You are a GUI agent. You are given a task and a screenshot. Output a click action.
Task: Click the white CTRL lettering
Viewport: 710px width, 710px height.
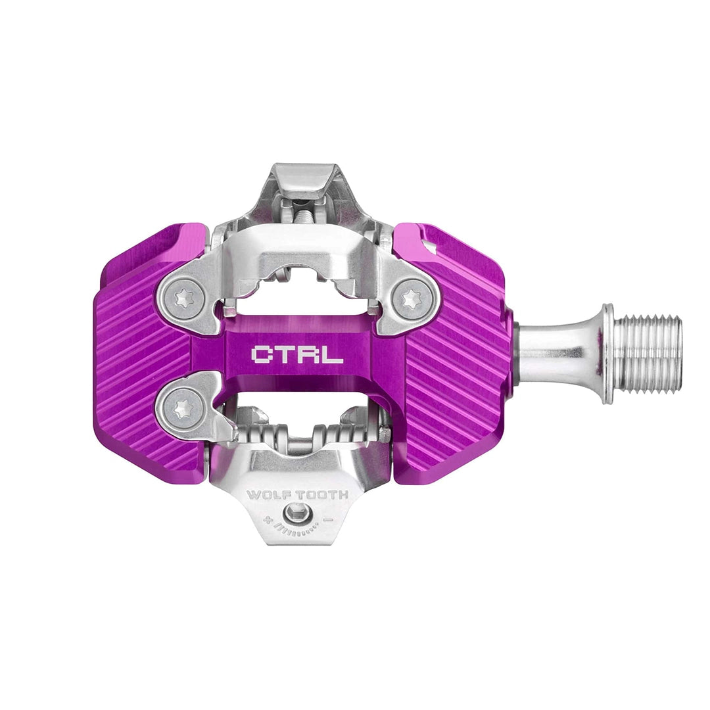point(296,355)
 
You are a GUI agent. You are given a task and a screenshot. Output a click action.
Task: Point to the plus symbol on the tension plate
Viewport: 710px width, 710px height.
point(266,519)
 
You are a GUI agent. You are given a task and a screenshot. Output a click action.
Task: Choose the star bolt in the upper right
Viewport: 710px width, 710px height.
point(412,298)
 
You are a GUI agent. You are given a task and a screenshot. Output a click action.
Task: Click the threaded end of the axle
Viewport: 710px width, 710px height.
point(651,354)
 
